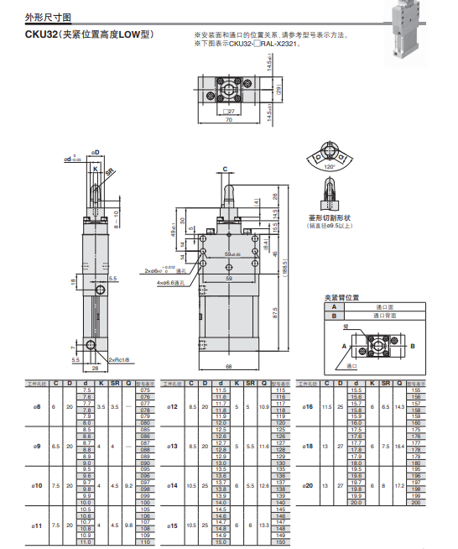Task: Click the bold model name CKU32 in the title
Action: click(x=43, y=35)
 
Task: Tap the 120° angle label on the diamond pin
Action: click(x=330, y=166)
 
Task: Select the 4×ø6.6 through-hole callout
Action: click(x=171, y=283)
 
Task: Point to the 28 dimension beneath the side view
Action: click(x=95, y=367)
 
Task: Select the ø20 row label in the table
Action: click(x=308, y=486)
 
